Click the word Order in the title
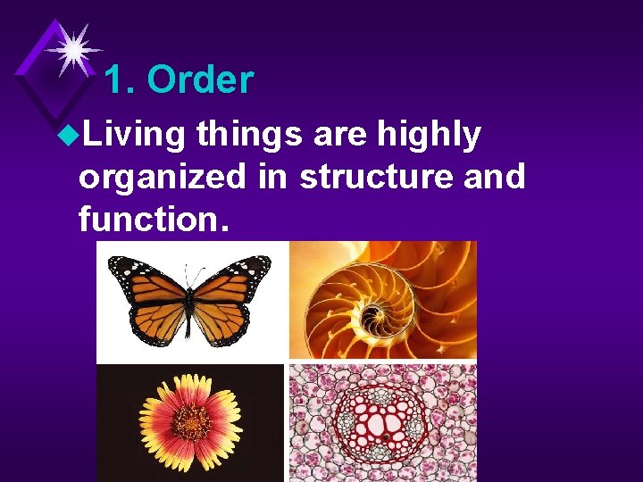pos(200,80)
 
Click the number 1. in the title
pos(120,80)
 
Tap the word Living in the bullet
pos(132,135)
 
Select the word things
pos(252,135)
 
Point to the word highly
pos(430,135)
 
